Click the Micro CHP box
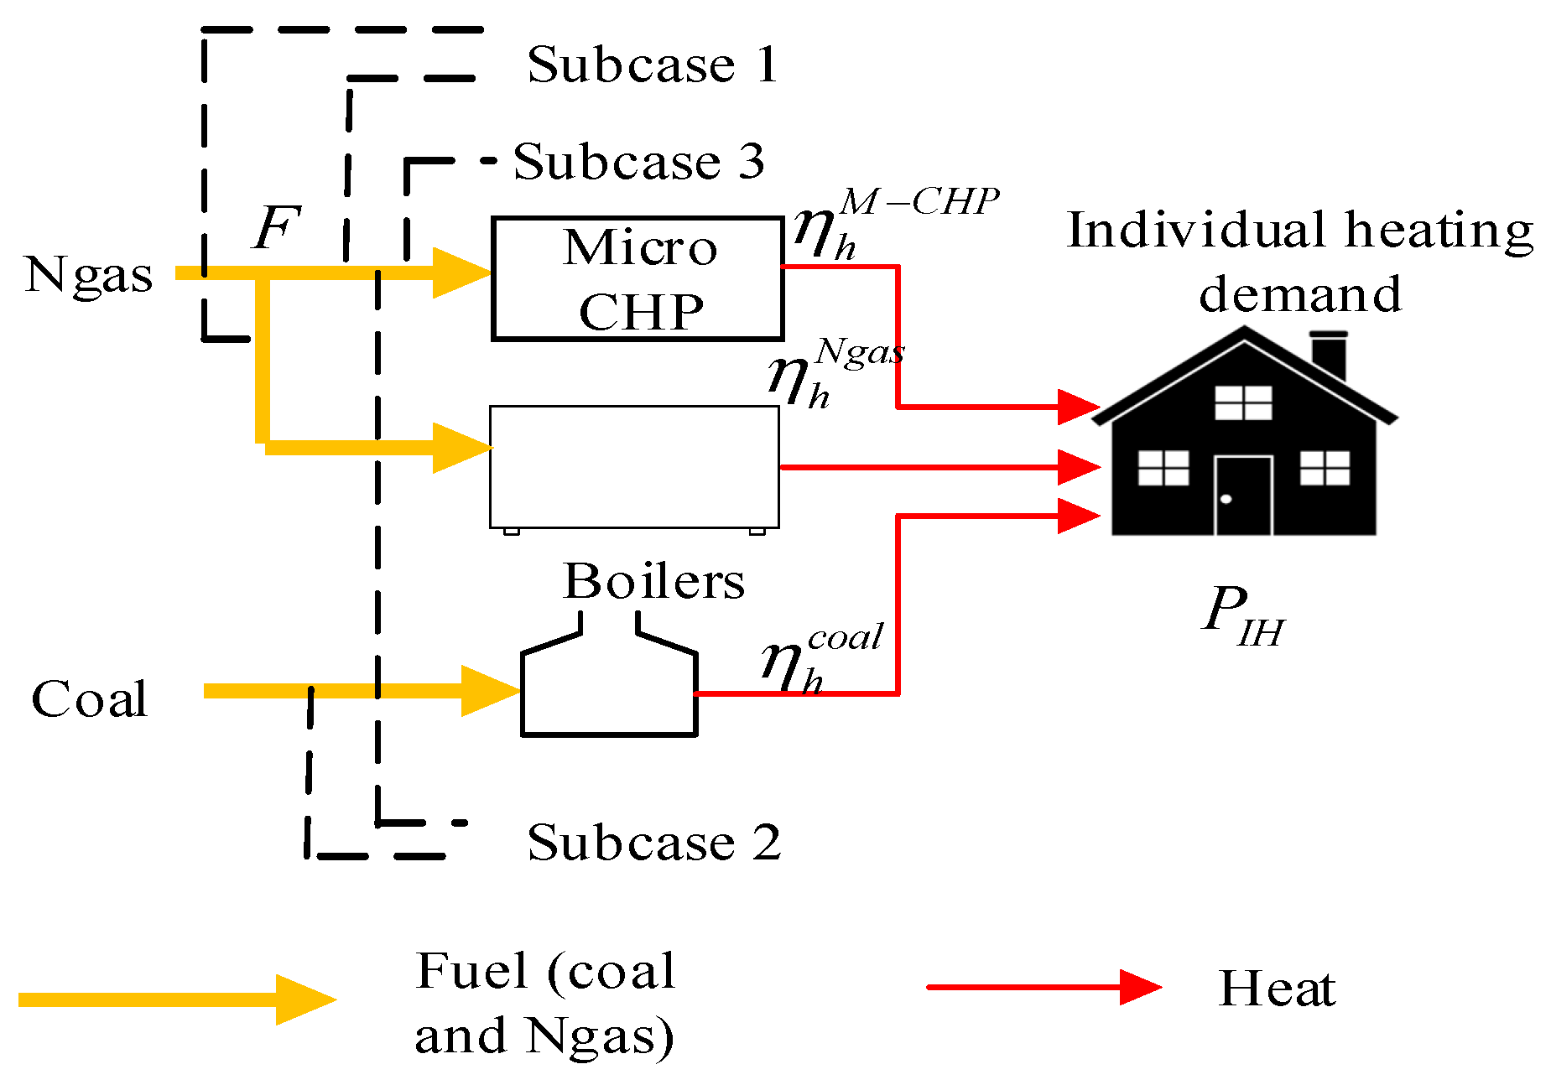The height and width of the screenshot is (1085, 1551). click(x=638, y=278)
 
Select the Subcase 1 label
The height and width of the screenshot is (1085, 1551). click(x=653, y=65)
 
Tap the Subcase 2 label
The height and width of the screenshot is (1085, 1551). click(x=654, y=842)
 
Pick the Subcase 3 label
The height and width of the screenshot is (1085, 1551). click(x=639, y=161)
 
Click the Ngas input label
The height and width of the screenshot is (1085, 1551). click(x=88, y=275)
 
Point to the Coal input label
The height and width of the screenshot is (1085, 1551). click(x=90, y=699)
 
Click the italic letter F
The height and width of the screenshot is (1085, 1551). click(x=277, y=228)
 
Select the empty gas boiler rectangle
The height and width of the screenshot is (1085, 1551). click(x=634, y=466)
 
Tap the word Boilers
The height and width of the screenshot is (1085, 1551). click(x=653, y=581)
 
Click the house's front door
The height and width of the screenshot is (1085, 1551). click(x=1243, y=495)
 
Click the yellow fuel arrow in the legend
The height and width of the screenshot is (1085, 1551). click(x=176, y=999)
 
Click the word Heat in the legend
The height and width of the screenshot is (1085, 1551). click(x=1277, y=989)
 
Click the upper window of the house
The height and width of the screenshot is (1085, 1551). click(x=1243, y=402)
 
